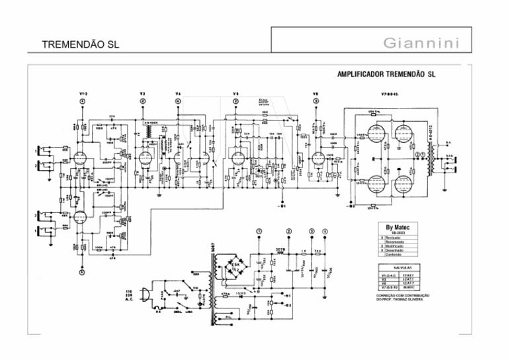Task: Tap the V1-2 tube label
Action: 82,93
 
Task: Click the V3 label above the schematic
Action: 143,93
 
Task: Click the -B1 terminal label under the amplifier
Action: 282,206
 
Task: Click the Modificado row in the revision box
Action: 395,246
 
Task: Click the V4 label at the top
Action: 177,93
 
